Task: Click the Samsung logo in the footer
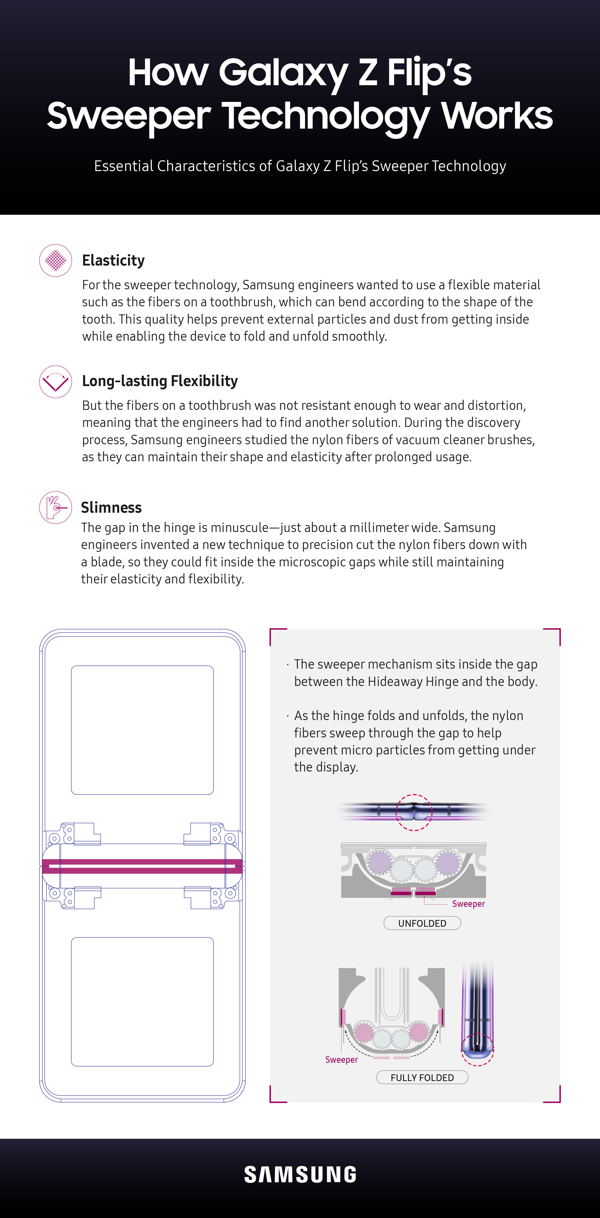coord(300,1175)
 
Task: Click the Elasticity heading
coord(113,260)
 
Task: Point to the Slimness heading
coord(111,507)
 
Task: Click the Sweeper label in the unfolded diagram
coord(468,904)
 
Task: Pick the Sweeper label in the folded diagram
coord(341,1060)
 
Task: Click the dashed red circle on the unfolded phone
coord(414,812)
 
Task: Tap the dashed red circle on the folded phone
coord(478,1049)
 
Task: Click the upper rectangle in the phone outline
coord(142,730)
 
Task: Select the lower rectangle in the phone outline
coord(142,1001)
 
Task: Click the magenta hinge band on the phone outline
coord(142,866)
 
